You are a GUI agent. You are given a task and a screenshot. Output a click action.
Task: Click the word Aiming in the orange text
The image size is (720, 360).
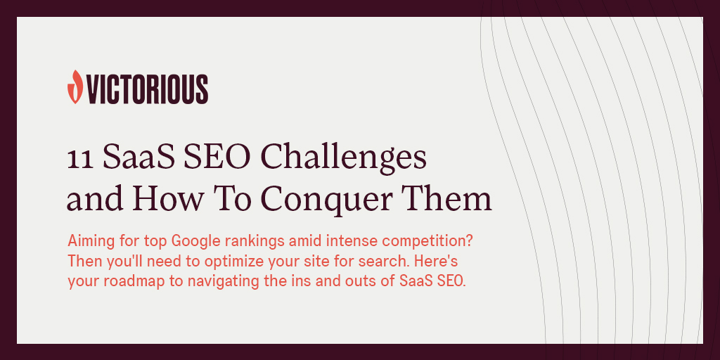pyautogui.click(x=88, y=241)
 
